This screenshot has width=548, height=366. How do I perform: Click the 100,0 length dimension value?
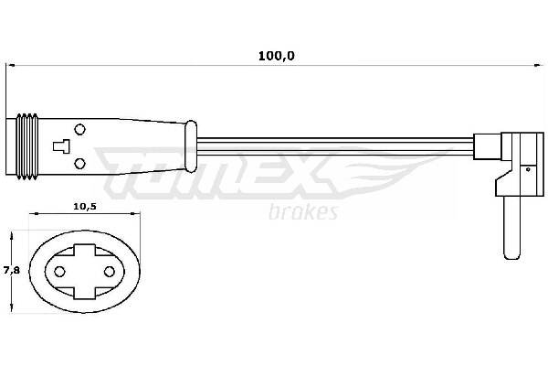[276, 56]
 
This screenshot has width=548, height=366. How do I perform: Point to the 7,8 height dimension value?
[9, 270]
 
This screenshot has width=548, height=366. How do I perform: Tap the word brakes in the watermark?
[304, 213]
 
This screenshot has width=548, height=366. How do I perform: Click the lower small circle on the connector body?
[79, 163]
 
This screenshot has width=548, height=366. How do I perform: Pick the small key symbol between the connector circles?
[61, 145]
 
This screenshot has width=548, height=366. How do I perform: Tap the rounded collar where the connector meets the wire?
[190, 145]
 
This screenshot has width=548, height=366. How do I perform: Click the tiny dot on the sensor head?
[527, 167]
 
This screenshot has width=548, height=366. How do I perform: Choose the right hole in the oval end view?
[109, 272]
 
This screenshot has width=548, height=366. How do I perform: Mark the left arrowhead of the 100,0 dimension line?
[11, 65]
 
